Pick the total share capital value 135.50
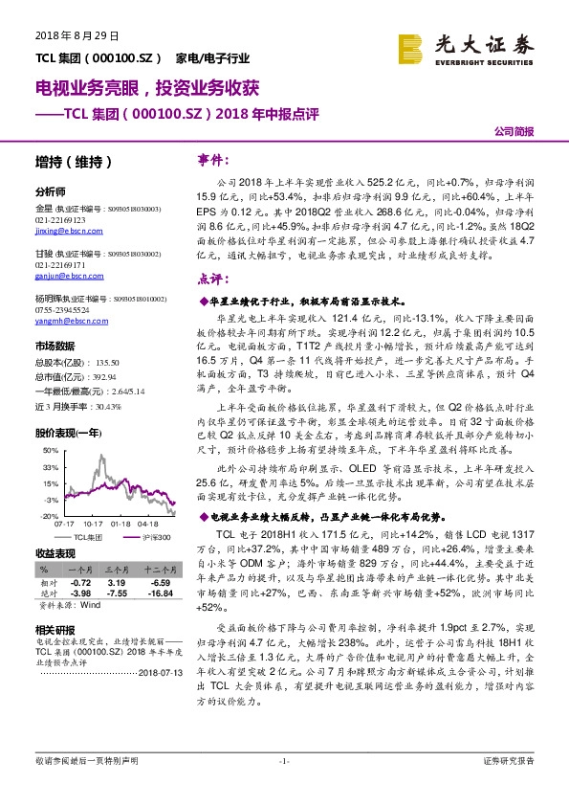109,363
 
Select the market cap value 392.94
102,376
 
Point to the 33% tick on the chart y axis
52,466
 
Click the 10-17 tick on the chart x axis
94,525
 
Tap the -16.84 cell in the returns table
155,593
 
